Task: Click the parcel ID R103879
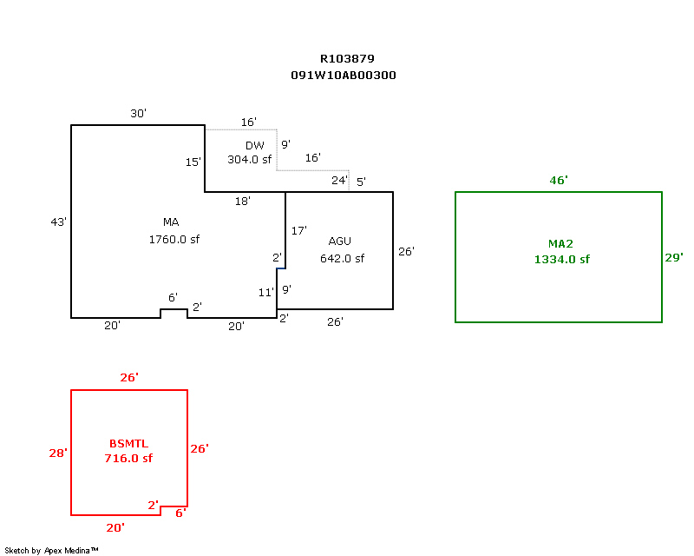347,59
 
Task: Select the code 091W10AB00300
344,76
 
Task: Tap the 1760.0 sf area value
174,239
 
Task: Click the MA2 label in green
560,243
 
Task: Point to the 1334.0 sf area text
562,259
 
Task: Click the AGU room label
340,241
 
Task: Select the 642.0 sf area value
342,258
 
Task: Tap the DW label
254,145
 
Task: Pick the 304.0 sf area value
250,160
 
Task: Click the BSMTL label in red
128,443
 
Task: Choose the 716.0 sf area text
128,458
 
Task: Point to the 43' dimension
59,222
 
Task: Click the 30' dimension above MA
138,114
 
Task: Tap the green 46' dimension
559,180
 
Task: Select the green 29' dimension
673,257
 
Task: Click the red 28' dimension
58,453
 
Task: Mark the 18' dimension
243,202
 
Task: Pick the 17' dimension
298,231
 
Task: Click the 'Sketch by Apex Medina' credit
51,550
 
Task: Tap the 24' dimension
339,181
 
